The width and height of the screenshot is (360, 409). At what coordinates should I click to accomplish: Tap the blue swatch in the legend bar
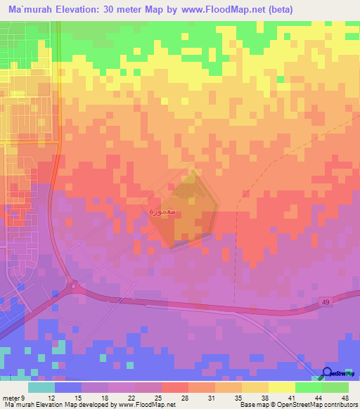click(67, 387)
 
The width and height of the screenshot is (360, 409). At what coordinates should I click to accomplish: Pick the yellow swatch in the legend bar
click(281, 387)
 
